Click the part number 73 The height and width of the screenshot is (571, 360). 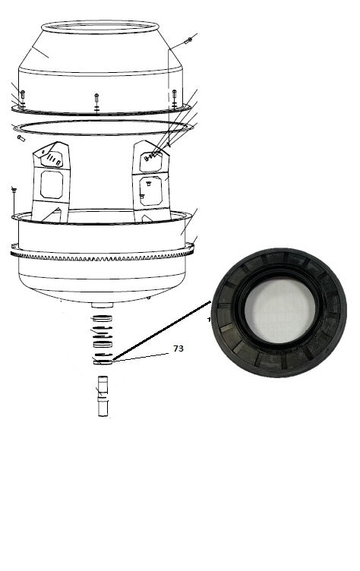178,349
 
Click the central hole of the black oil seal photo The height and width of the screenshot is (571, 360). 279,311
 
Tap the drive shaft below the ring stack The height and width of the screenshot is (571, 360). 103,396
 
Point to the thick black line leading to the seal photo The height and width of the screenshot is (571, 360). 162,330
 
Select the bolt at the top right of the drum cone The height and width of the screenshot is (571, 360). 188,40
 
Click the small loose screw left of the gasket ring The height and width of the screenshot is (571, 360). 21,138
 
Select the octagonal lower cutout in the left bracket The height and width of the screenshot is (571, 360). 52,185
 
